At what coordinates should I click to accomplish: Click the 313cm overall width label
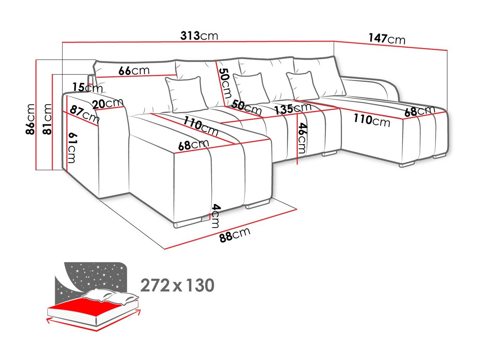point(199,36)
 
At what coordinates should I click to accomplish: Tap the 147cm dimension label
point(387,39)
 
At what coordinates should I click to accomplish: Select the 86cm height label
point(30,119)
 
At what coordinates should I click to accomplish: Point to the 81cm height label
point(47,119)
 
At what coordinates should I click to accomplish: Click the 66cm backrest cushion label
point(134,70)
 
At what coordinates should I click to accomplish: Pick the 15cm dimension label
point(87,87)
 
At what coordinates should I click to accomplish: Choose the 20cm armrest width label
point(108,104)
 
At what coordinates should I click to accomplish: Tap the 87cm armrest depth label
point(84,114)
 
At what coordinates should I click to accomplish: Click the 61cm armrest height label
point(72,148)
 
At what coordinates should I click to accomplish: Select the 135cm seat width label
point(293,108)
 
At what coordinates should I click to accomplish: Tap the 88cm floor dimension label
point(235,235)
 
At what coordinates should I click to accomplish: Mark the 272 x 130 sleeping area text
point(177,285)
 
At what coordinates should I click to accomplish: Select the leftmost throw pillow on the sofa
point(186,94)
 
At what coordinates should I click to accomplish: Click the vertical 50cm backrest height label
point(225,83)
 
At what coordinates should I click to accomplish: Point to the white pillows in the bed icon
point(110,296)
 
